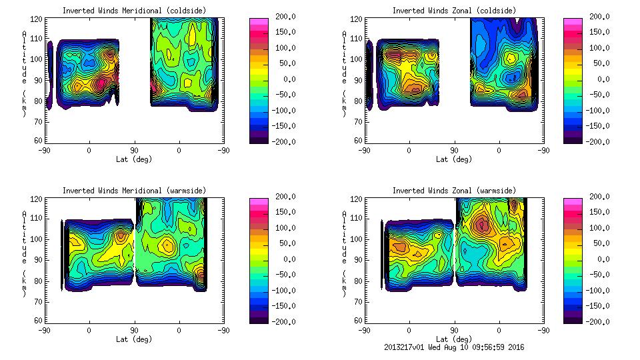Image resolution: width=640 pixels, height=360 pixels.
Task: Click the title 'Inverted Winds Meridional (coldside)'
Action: tap(135, 11)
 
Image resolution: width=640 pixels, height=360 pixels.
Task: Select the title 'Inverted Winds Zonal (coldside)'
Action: tap(454, 11)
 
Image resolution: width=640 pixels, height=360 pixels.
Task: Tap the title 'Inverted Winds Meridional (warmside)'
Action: tap(135, 191)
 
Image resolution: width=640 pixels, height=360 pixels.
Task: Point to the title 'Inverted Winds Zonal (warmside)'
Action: tap(454, 191)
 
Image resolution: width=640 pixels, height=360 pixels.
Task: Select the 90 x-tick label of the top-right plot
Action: tap(454, 151)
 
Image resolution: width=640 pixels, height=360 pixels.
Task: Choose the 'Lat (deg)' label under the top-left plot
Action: tap(135, 159)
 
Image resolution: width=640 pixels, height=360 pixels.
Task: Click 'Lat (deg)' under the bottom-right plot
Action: tap(454, 339)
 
